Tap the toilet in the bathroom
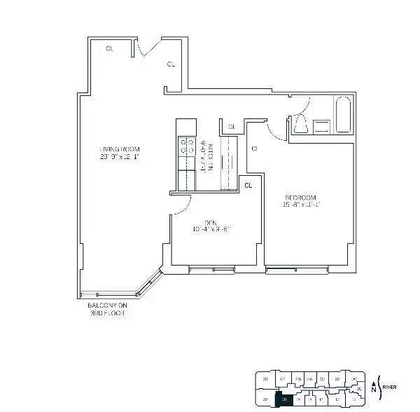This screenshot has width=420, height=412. (300, 125)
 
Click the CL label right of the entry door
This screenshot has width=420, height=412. (171, 64)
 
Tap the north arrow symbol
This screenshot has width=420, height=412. (374, 386)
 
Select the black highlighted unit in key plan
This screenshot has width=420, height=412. (284, 399)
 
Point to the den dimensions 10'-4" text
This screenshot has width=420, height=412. (210, 229)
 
